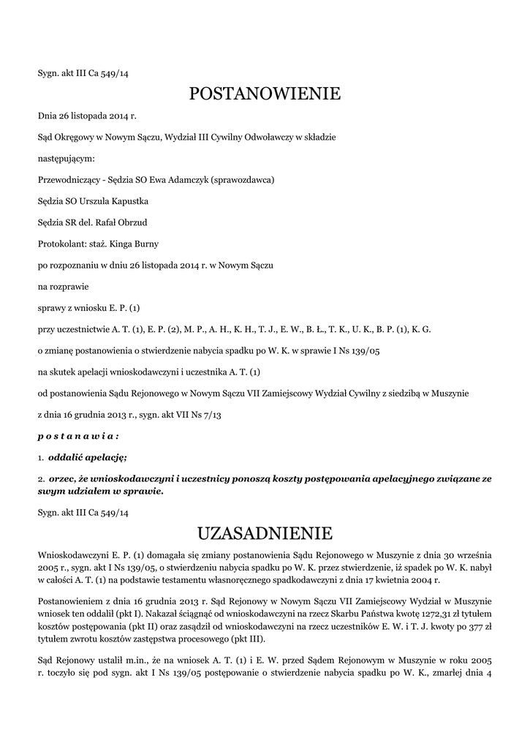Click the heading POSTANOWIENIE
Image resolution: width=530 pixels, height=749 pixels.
(265, 94)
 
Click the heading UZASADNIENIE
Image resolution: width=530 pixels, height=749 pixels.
(265, 532)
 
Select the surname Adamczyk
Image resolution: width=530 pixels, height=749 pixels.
(186, 179)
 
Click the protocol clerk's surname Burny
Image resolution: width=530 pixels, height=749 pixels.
(145, 244)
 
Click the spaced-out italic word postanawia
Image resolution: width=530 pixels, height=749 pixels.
(78, 436)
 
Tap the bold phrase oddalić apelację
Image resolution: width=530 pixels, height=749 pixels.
(87, 457)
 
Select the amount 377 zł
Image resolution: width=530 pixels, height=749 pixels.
(478, 626)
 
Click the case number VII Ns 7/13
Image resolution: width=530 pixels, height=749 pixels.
(201, 415)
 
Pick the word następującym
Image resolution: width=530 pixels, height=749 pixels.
(67, 158)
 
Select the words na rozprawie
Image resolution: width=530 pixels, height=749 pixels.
(63, 286)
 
